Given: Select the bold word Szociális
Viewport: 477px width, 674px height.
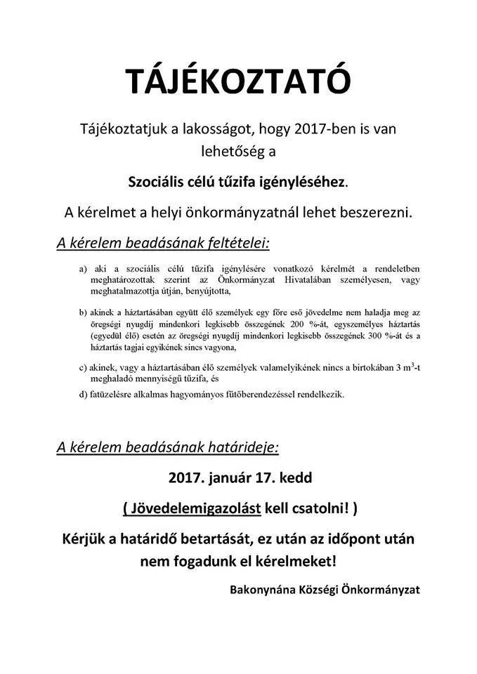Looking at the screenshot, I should pos(158,182).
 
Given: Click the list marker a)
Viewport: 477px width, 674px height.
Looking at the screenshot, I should pos(85,269).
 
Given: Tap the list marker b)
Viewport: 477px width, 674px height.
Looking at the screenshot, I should pos(84,311).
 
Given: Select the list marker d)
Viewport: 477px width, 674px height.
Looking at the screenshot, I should pos(84,395).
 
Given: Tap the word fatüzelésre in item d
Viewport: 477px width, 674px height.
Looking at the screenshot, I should pos(115,395).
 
